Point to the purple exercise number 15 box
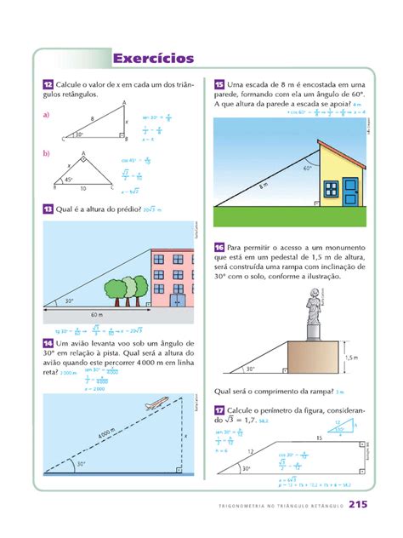click(x=219, y=84)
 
